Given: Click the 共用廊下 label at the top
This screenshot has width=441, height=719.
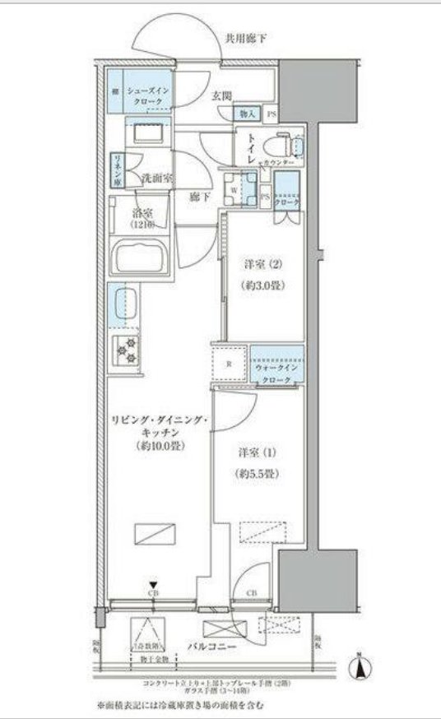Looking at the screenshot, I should pos(249,37).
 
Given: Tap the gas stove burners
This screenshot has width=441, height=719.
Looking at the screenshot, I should pos(128,351).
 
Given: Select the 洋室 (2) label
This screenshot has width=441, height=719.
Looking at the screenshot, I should pos(263,265).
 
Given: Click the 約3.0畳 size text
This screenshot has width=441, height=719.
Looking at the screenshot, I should pos(263,285).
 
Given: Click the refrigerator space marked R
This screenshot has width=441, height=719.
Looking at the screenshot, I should pos(231,362).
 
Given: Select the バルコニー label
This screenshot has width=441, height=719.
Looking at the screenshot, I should pos(216,647).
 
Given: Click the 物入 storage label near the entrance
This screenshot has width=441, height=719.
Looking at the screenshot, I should pos(248,113).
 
